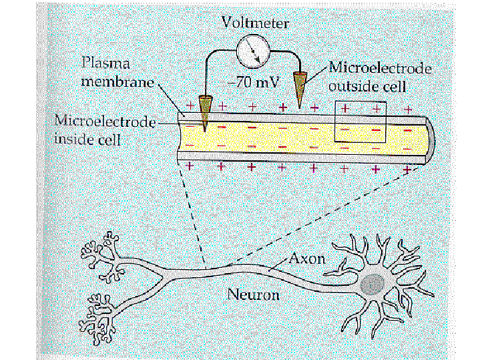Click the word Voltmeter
tap(255, 23)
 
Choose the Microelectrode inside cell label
tap(103, 131)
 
